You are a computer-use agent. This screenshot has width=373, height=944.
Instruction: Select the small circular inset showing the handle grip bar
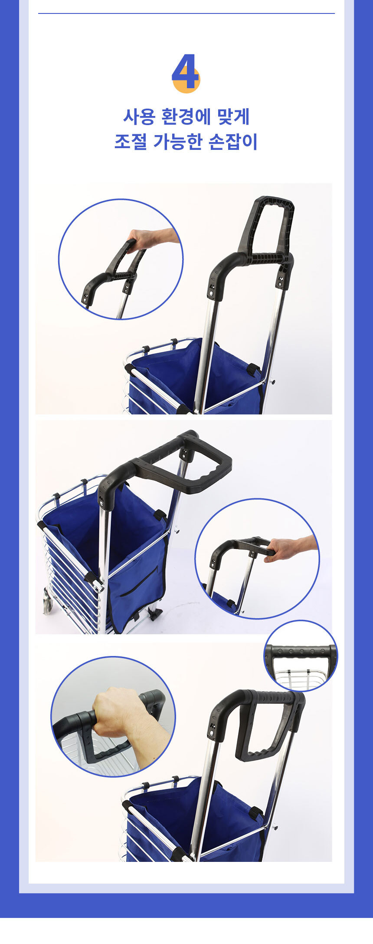click(301, 656)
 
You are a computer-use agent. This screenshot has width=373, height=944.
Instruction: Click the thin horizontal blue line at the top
click(186, 13)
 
